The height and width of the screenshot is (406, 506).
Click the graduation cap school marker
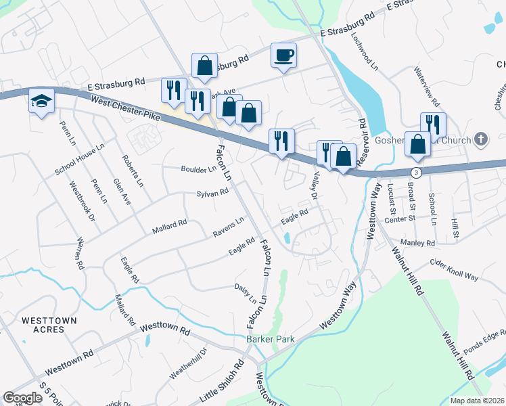[x=41, y=101]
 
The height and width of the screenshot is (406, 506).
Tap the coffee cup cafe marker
[x=283, y=54]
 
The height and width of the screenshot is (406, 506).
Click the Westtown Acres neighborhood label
[x=49, y=325]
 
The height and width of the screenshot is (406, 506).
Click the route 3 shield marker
[x=417, y=173]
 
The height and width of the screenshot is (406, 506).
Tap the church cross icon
[x=481, y=140]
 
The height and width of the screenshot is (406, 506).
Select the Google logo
[x=23, y=398]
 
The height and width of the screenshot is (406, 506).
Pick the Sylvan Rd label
[x=212, y=193]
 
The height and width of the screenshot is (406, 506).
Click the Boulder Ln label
[x=198, y=168]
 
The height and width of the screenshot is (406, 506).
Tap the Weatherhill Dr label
[x=189, y=364]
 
